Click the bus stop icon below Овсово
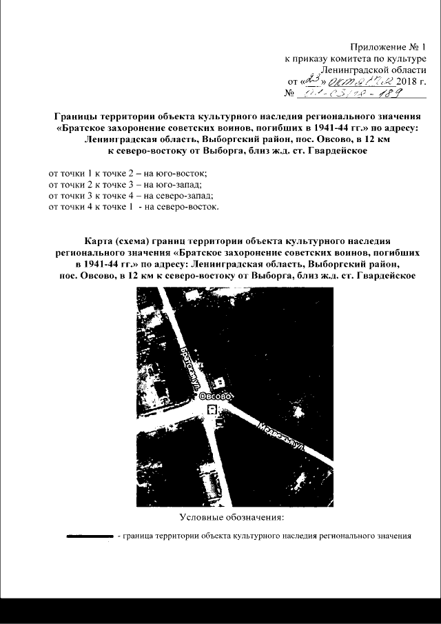(x=212, y=409)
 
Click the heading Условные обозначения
(x=232, y=516)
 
